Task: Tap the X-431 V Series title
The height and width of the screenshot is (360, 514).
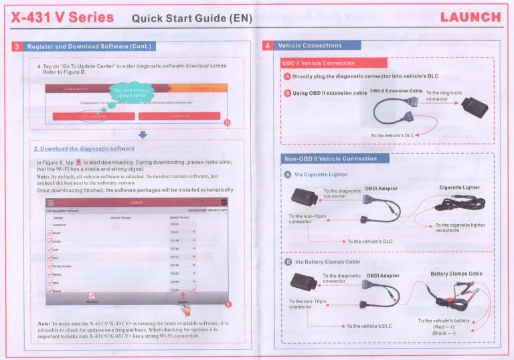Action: click(x=63, y=17)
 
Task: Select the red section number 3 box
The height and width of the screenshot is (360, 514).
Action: click(x=18, y=46)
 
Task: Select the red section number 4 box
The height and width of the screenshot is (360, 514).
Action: click(x=267, y=46)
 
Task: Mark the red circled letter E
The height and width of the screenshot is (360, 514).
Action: click(x=228, y=305)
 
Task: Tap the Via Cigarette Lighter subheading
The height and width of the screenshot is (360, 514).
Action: click(x=321, y=175)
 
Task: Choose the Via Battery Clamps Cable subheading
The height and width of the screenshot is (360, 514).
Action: click(x=327, y=262)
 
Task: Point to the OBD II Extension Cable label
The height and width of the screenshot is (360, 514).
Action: click(x=396, y=91)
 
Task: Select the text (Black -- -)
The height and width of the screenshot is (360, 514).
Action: click(x=444, y=333)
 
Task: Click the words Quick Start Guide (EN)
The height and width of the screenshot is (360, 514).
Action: click(x=191, y=18)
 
